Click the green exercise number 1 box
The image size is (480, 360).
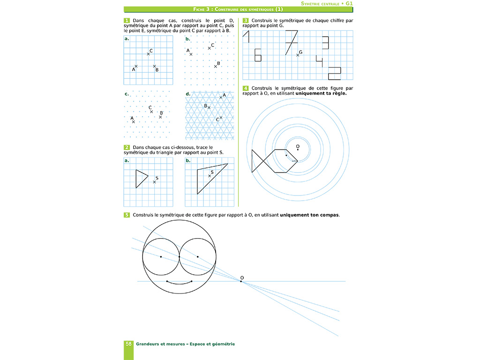[x=127, y=21]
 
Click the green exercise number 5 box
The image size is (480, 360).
[x=127, y=215]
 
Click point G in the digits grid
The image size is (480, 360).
[x=297, y=55]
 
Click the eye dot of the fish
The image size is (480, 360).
[x=286, y=155]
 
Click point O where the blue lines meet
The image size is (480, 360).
[x=241, y=281]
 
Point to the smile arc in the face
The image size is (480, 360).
[x=179, y=283]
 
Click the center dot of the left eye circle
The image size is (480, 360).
[x=161, y=257]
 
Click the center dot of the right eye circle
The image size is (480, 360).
[x=198, y=257]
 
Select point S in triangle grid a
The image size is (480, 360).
[x=154, y=181]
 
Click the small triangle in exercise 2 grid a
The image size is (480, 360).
[x=141, y=179]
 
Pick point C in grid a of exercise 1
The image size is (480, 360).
[x=148, y=54]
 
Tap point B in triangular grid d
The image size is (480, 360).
[x=209, y=108]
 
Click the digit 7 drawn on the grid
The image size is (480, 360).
[x=291, y=41]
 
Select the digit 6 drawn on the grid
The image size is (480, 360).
[x=257, y=55]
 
